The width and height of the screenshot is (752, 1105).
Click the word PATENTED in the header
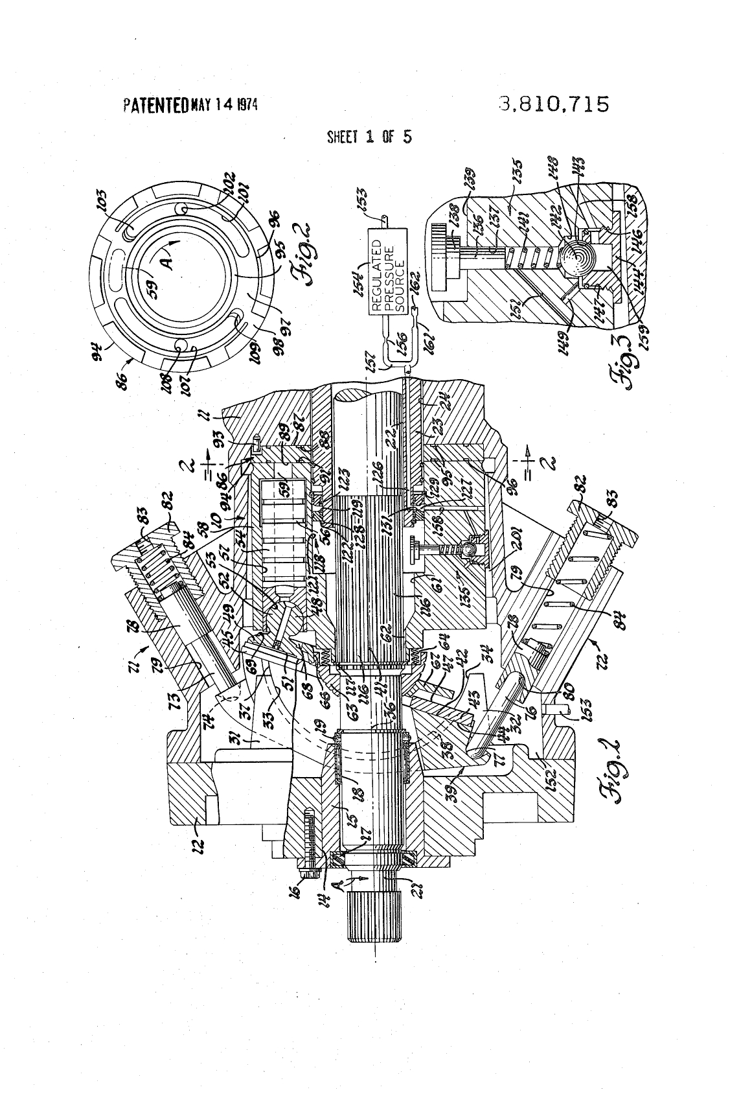(155, 104)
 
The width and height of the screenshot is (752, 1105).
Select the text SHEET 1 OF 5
(369, 137)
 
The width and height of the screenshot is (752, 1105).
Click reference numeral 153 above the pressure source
(361, 196)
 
